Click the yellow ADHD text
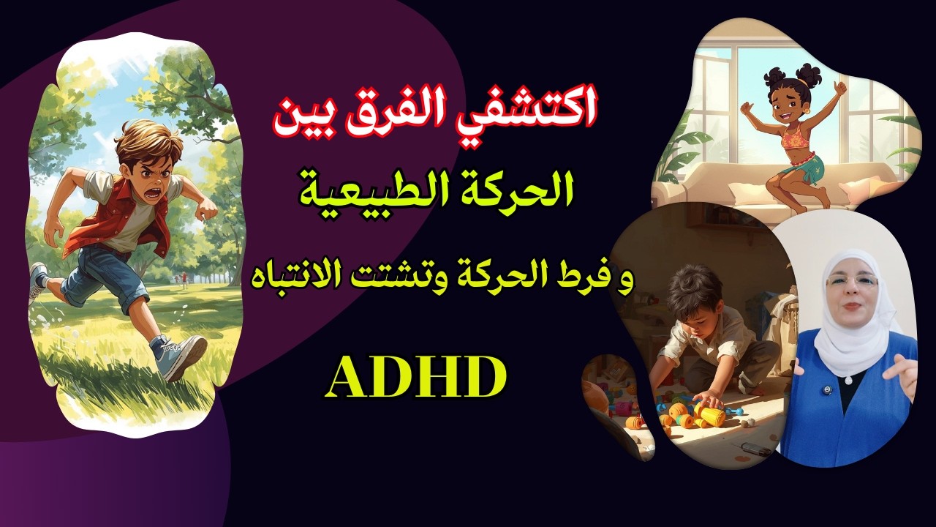(415, 376)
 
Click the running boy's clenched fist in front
(208, 210)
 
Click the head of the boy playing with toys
(693, 289)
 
